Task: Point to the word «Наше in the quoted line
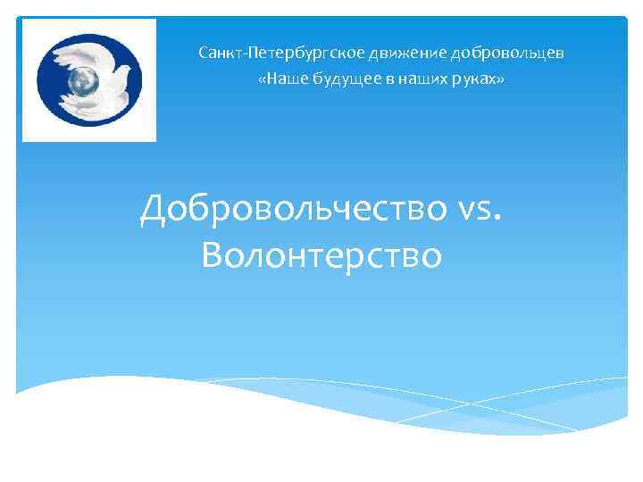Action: coord(278,80)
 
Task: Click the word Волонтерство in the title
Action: coord(321,256)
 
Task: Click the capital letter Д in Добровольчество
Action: coord(154,211)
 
